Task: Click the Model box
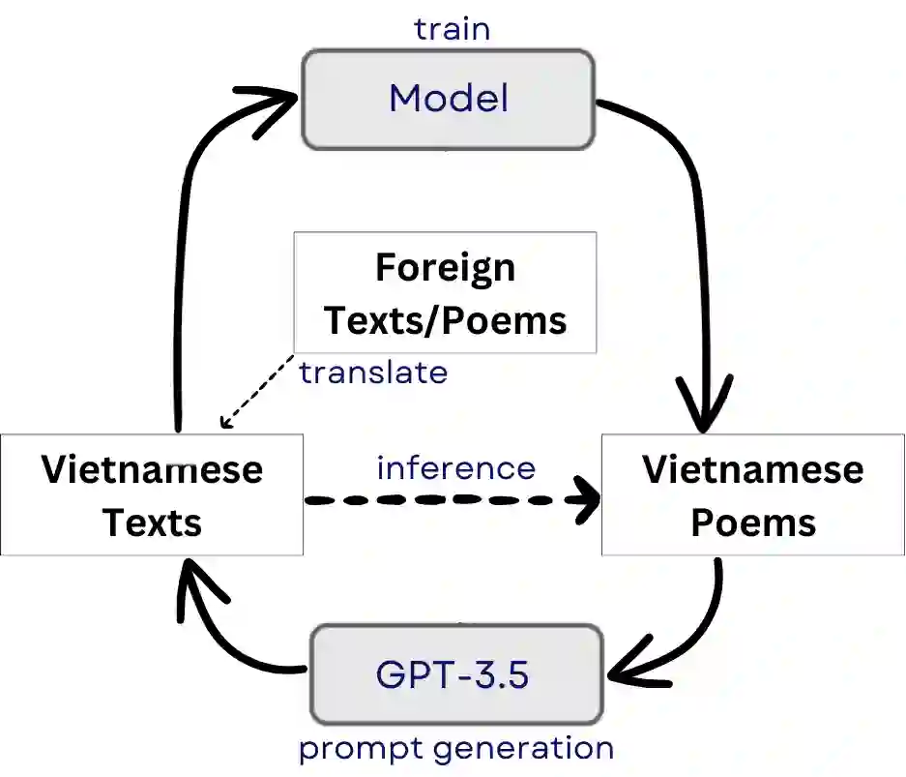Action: [x=449, y=100]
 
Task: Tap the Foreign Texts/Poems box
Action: [x=445, y=292]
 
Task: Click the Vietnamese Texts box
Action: [x=152, y=494]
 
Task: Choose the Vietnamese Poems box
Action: [x=753, y=494]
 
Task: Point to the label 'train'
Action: [x=452, y=28]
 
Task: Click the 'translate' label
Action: [x=373, y=372]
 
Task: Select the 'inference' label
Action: [x=455, y=468]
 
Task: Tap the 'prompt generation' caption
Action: [x=455, y=748]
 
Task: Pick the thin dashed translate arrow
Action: [x=256, y=391]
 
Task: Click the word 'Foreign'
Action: [x=445, y=267]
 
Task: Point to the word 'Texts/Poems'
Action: [x=445, y=318]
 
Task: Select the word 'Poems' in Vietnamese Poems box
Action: [x=753, y=523]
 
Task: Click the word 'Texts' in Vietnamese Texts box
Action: [x=152, y=523]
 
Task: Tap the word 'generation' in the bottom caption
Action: [x=523, y=748]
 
